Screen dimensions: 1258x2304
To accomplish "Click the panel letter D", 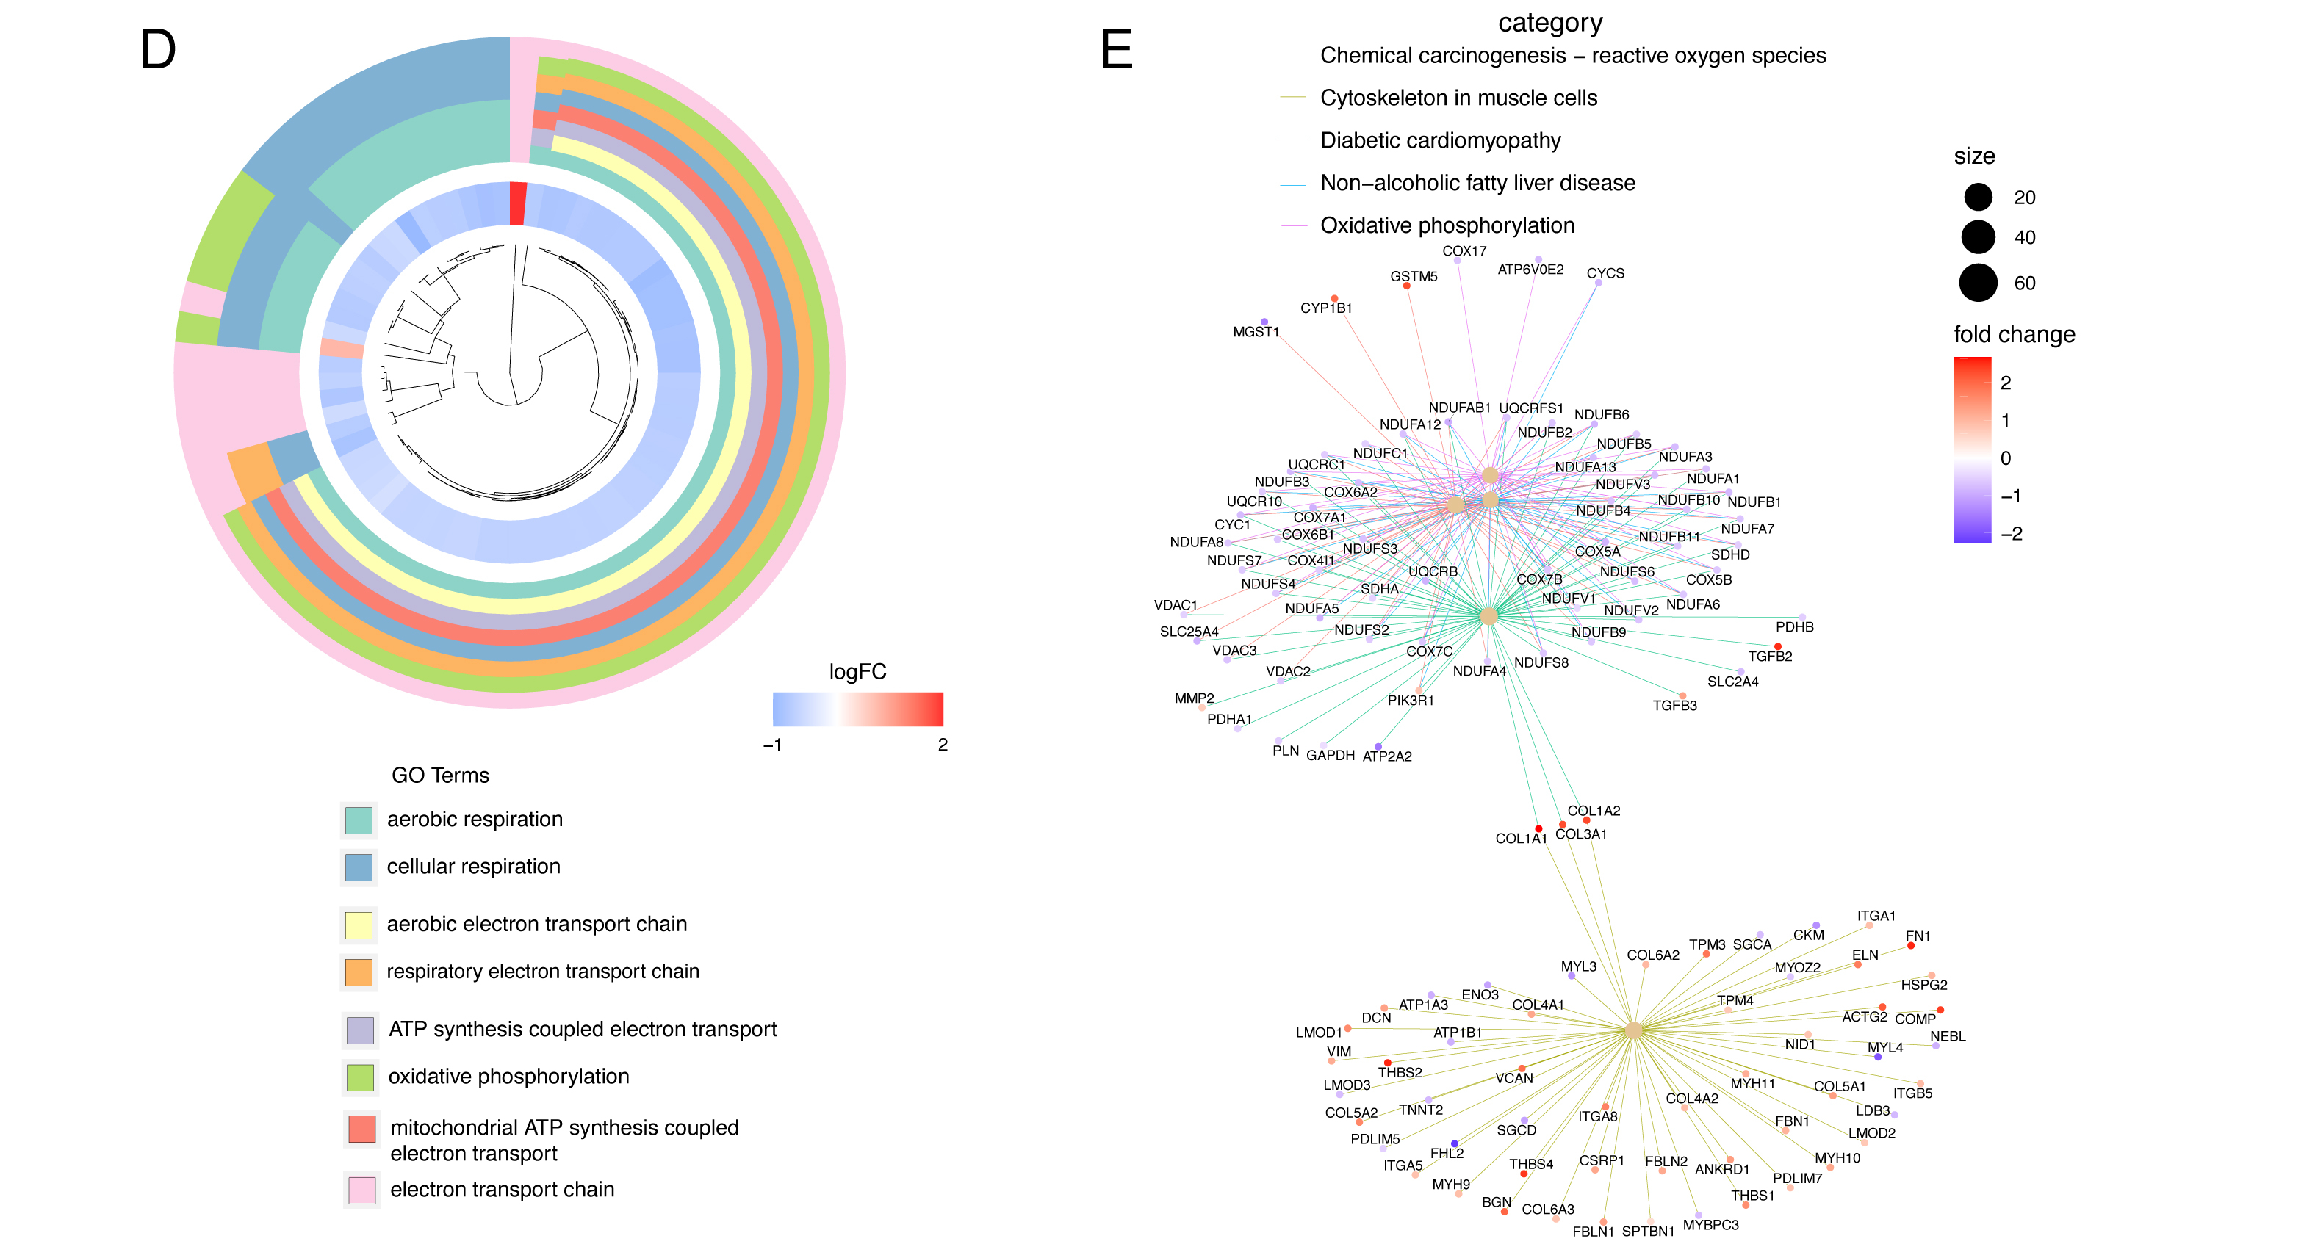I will [157, 50].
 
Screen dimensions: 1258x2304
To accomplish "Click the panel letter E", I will [1115, 50].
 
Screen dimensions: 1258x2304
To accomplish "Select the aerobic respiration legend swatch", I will [359, 820].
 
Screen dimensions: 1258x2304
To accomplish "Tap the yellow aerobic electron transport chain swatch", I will [359, 925].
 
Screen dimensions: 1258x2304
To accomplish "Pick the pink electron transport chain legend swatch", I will [361, 1190].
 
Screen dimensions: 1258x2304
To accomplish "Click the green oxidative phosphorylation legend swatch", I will [359, 1077].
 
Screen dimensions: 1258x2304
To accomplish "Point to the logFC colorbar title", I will [857, 671].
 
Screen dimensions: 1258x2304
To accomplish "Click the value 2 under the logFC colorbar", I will [942, 745].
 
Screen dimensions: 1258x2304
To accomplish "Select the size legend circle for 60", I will [1978, 283].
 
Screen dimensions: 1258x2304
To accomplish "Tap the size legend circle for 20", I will [1978, 197].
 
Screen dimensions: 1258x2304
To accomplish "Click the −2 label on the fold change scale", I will [2011, 534].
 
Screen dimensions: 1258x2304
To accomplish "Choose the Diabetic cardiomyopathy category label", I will [1440, 140].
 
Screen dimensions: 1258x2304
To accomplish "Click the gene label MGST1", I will [1256, 332].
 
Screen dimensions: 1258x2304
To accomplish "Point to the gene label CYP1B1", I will [1325, 308].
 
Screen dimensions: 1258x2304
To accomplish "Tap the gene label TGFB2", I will [1769, 657].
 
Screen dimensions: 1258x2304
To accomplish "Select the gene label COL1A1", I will [1521, 839].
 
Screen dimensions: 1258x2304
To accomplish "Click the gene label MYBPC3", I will [1710, 1225].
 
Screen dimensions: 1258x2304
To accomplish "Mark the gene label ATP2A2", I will [1386, 756].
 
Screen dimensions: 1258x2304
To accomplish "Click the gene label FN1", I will [1918, 936].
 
